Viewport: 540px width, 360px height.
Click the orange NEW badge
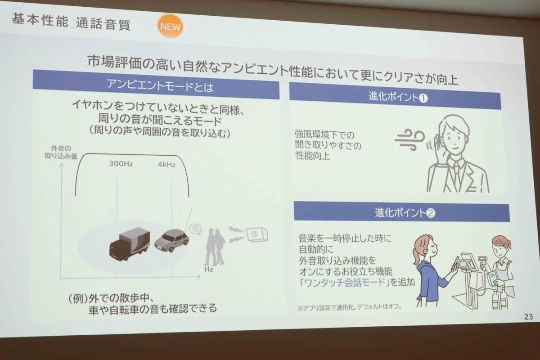point(170,26)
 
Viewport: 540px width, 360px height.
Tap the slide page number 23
point(528,317)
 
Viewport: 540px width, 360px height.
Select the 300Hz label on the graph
point(121,163)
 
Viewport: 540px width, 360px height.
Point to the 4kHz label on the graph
point(166,164)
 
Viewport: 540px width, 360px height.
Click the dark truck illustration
point(130,243)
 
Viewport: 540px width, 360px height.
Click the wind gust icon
point(409,140)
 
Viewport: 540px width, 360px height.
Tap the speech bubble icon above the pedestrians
point(195,229)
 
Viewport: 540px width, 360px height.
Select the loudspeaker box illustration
point(257,234)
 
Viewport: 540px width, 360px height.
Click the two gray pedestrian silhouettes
point(214,247)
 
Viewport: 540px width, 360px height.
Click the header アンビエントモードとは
point(160,85)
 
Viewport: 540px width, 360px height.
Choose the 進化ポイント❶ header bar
point(395,96)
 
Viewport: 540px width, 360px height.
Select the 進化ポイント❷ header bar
point(402,212)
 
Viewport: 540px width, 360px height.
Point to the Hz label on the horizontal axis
point(208,269)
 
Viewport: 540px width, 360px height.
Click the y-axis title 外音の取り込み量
point(61,152)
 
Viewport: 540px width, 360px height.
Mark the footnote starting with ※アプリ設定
point(349,307)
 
